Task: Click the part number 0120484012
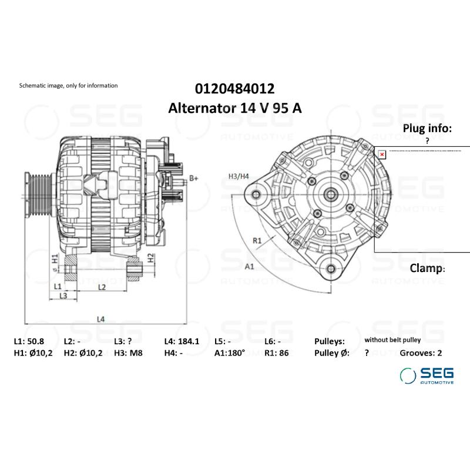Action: click(234, 89)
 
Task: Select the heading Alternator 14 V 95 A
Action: click(234, 108)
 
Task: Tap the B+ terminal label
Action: click(194, 178)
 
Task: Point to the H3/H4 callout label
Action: click(239, 176)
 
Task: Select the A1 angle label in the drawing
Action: click(249, 266)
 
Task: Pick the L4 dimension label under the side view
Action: click(100, 319)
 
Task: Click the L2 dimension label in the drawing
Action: click(101, 287)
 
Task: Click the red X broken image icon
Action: click(382, 155)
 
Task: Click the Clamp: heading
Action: click(427, 268)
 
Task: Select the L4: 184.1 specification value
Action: click(182, 341)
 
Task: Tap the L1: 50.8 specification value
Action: click(30, 341)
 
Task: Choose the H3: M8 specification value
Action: click(128, 353)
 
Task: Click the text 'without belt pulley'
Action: click(392, 340)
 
